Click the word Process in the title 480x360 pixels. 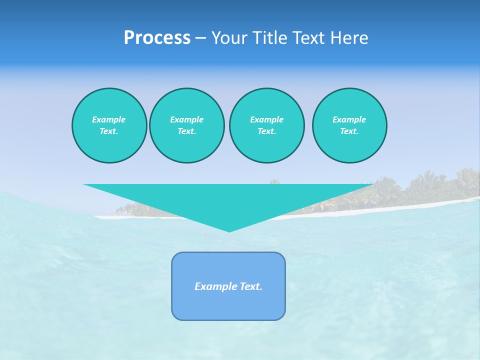point(157,38)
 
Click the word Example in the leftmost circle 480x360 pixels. point(109,119)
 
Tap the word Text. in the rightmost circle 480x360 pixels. point(349,131)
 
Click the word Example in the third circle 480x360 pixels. point(266,119)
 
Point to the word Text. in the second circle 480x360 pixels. point(186,131)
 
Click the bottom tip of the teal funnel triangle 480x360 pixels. point(229,230)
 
